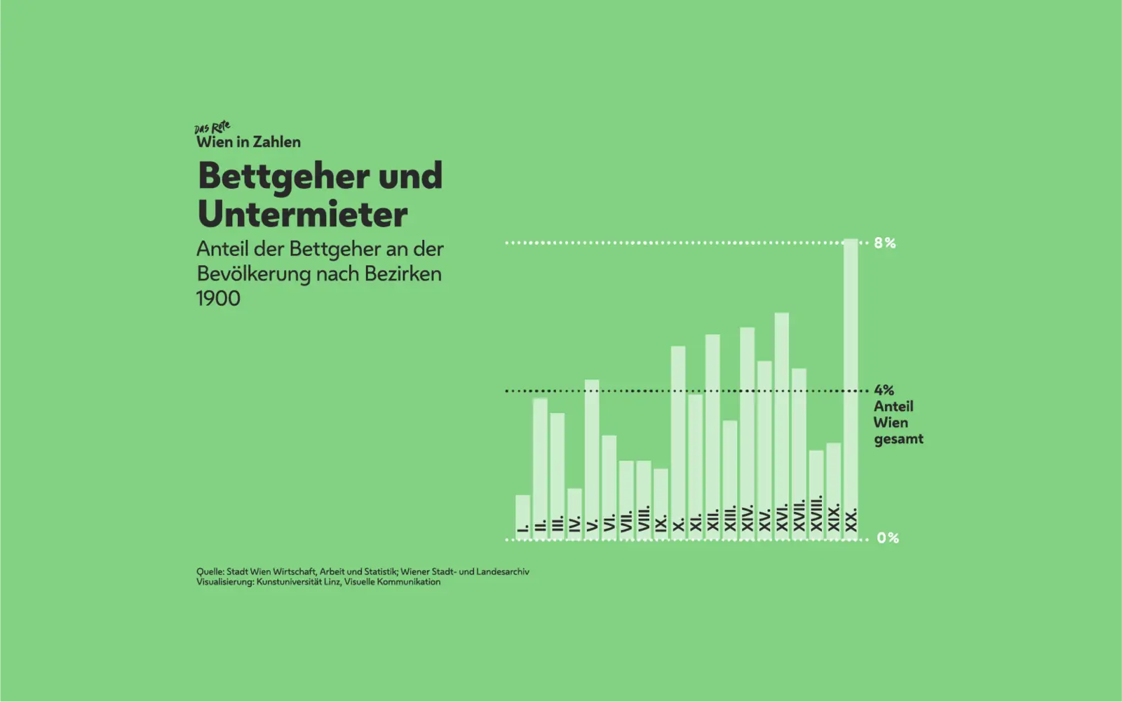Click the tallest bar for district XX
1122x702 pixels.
pos(850,379)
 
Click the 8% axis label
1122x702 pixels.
pos(885,243)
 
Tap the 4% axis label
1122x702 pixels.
pos(884,390)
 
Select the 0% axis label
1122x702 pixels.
pos(888,538)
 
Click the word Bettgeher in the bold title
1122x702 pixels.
pos(284,177)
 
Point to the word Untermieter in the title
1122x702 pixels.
pos(302,215)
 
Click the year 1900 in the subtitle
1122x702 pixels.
pos(218,299)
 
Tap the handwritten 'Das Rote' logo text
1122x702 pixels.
pos(212,128)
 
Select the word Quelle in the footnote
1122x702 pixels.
pos(210,572)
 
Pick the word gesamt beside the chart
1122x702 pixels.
pos(898,440)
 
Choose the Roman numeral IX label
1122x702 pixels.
pos(661,522)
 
